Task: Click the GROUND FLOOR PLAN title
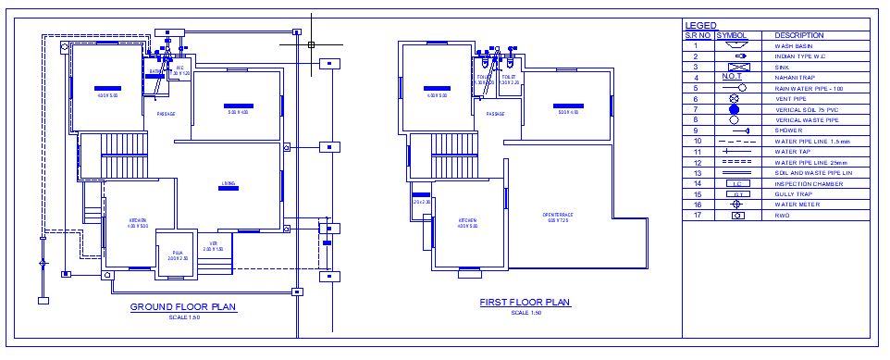[183, 307]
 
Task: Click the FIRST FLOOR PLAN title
[525, 303]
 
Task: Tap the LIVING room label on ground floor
[229, 182]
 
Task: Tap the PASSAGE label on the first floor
[495, 114]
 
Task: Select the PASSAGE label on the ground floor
[167, 114]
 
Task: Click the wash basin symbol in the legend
[735, 45]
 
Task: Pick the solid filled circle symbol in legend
[735, 109]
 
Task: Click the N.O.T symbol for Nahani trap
[733, 77]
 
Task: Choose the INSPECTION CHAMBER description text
[803, 183]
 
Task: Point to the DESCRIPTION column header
[798, 35]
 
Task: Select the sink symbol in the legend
[735, 67]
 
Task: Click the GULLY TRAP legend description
[792, 194]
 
